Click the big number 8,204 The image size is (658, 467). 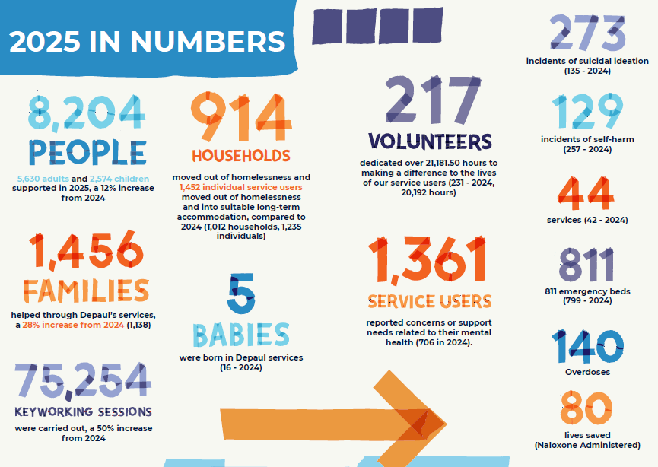(x=87, y=113)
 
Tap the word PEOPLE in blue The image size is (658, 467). (x=87, y=152)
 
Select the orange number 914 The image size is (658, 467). (x=241, y=116)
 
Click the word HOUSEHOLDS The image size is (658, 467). (x=241, y=156)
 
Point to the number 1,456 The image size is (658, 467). (x=86, y=250)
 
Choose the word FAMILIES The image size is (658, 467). (x=86, y=291)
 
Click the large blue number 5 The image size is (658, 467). (x=241, y=294)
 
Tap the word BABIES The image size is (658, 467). (x=241, y=335)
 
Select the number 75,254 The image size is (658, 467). (x=83, y=381)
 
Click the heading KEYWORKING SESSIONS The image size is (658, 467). (x=83, y=411)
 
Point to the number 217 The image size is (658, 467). (x=433, y=100)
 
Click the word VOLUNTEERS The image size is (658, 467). (x=430, y=141)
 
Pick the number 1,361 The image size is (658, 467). (x=428, y=260)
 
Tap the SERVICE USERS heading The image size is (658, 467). (x=430, y=301)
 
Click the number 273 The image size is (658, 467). (x=587, y=32)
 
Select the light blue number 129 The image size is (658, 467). (x=587, y=111)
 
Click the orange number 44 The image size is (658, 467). (x=586, y=193)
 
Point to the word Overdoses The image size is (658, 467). (x=587, y=372)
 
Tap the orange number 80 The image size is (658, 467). (x=586, y=408)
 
